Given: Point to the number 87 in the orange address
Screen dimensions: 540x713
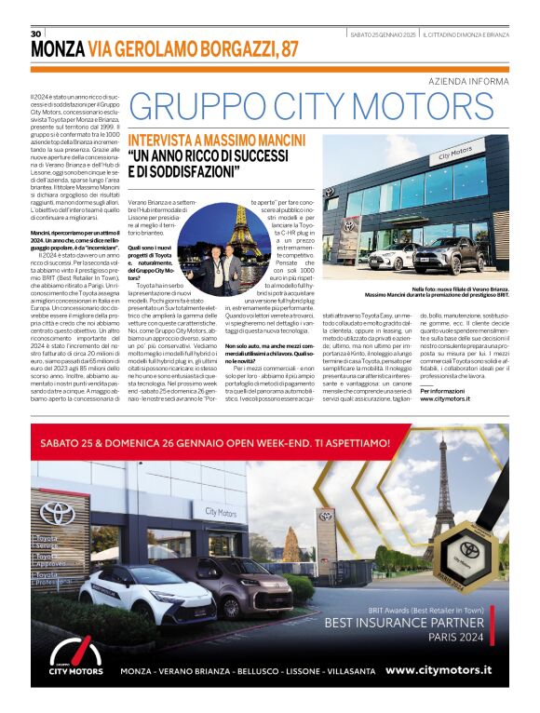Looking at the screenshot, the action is (x=286, y=49).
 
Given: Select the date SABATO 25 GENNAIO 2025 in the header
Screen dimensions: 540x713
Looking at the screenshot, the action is (x=382, y=34).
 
